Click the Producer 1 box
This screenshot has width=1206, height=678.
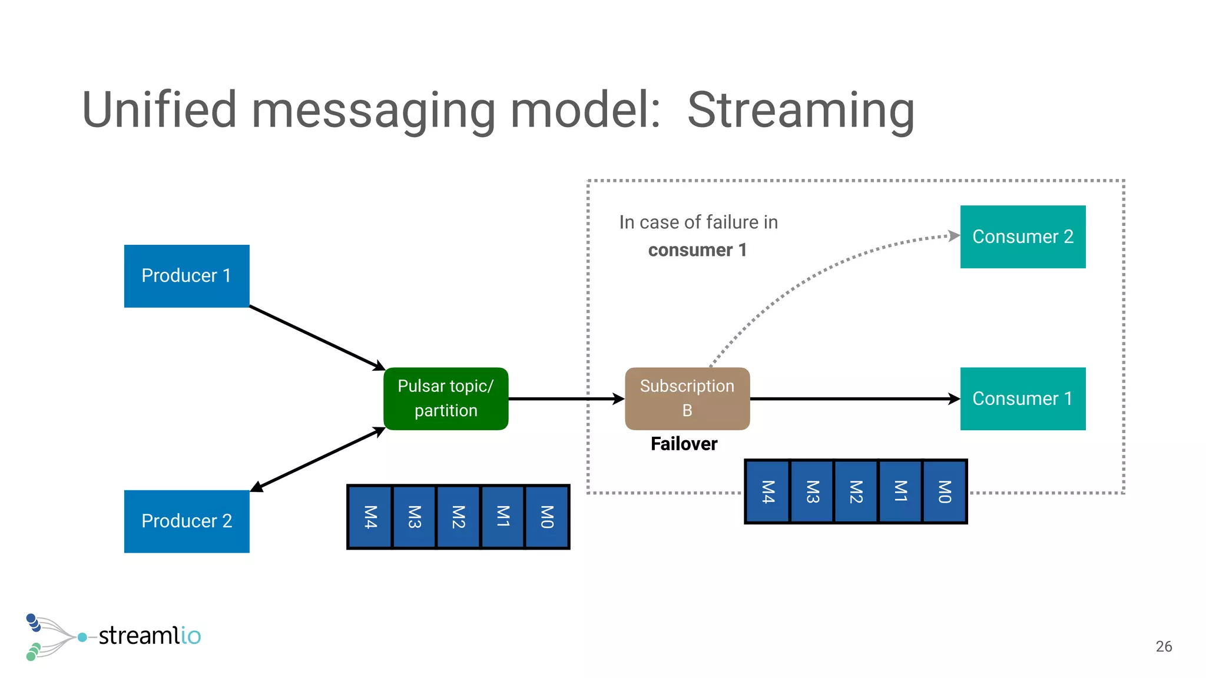tap(187, 276)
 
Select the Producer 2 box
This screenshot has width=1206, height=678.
tap(187, 521)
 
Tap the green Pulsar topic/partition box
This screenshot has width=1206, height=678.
tap(446, 398)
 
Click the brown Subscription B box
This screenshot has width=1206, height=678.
tap(687, 398)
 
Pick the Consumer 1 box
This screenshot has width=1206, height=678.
tap(1023, 398)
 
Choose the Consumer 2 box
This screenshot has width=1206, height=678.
tap(1023, 237)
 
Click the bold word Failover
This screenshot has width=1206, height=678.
tap(684, 444)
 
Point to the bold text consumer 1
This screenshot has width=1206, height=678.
tap(697, 250)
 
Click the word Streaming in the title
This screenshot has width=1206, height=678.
tap(801, 110)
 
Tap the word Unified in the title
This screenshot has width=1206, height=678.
tap(159, 110)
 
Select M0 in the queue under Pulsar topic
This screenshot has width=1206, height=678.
tap(547, 517)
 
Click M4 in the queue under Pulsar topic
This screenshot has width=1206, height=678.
tap(370, 517)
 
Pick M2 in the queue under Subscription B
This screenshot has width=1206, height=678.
tap(856, 491)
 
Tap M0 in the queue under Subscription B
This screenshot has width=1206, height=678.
tap(945, 491)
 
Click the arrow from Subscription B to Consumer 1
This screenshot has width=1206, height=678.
tap(854, 398)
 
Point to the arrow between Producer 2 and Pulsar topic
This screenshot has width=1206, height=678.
tap(318, 459)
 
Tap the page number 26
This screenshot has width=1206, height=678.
tap(1164, 646)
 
